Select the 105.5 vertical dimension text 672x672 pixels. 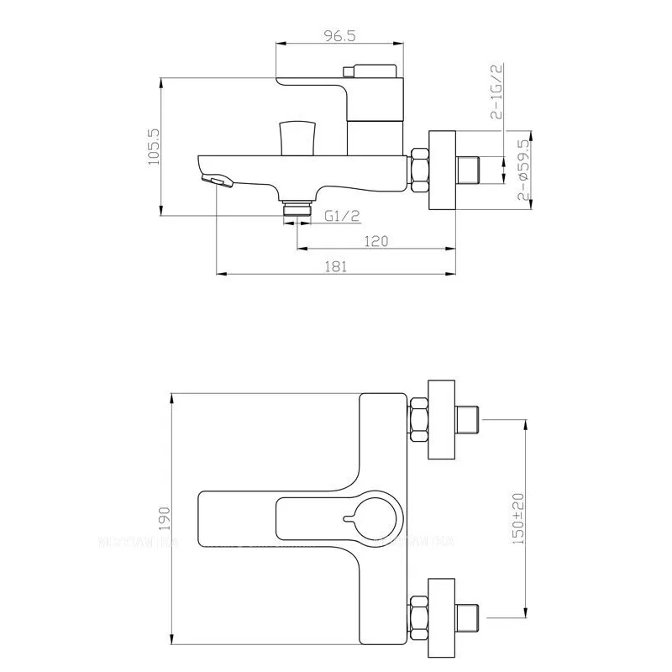click(154, 147)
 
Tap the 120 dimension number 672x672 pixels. click(375, 241)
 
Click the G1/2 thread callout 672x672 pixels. click(343, 216)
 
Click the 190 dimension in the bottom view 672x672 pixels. click(164, 515)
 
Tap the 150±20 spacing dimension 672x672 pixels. click(519, 515)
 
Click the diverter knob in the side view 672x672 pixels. click(296, 136)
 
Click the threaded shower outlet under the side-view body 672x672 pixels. click(297, 207)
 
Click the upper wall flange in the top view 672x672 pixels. click(442, 419)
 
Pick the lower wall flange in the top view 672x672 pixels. click(442, 612)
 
